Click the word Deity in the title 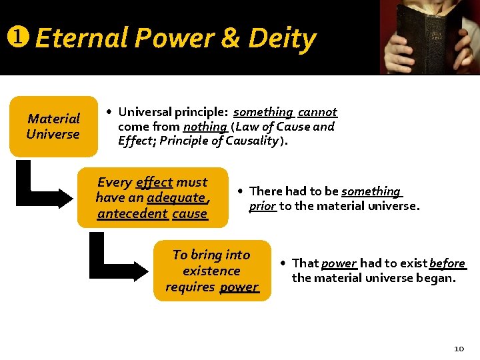point(282,39)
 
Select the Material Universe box point(53,126)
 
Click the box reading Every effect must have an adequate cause point(152,197)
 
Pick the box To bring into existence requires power point(212,270)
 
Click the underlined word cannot point(317,112)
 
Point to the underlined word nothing point(205,126)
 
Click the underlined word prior point(262,206)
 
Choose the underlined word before point(447,263)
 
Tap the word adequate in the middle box point(177,197)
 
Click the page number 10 point(459,348)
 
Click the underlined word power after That point(339,263)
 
